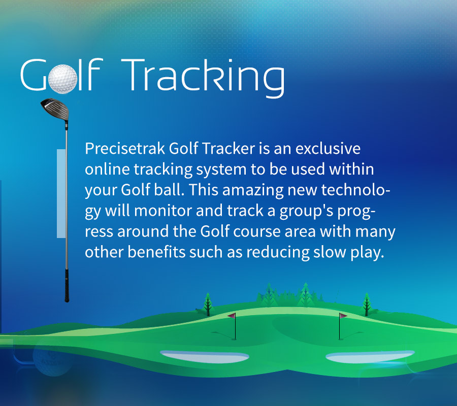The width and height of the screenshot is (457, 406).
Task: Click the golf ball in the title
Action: click(x=62, y=79)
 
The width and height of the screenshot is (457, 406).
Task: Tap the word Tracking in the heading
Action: click(x=203, y=78)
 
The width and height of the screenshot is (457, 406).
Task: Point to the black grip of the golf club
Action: click(x=67, y=285)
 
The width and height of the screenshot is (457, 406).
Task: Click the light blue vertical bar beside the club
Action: click(x=61, y=193)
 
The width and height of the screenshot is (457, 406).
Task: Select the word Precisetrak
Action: click(x=125, y=148)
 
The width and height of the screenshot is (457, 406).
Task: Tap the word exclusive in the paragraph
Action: click(x=328, y=148)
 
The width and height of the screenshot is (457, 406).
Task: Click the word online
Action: click(x=107, y=169)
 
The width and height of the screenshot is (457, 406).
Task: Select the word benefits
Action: click(x=156, y=252)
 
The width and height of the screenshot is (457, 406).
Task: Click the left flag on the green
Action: click(x=233, y=326)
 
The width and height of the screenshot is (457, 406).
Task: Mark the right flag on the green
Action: click(x=342, y=326)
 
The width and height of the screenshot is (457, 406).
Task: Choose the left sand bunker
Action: click(x=205, y=356)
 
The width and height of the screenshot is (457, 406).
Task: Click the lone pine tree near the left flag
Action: click(x=208, y=304)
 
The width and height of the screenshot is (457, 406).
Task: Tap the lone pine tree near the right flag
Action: click(x=367, y=304)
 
